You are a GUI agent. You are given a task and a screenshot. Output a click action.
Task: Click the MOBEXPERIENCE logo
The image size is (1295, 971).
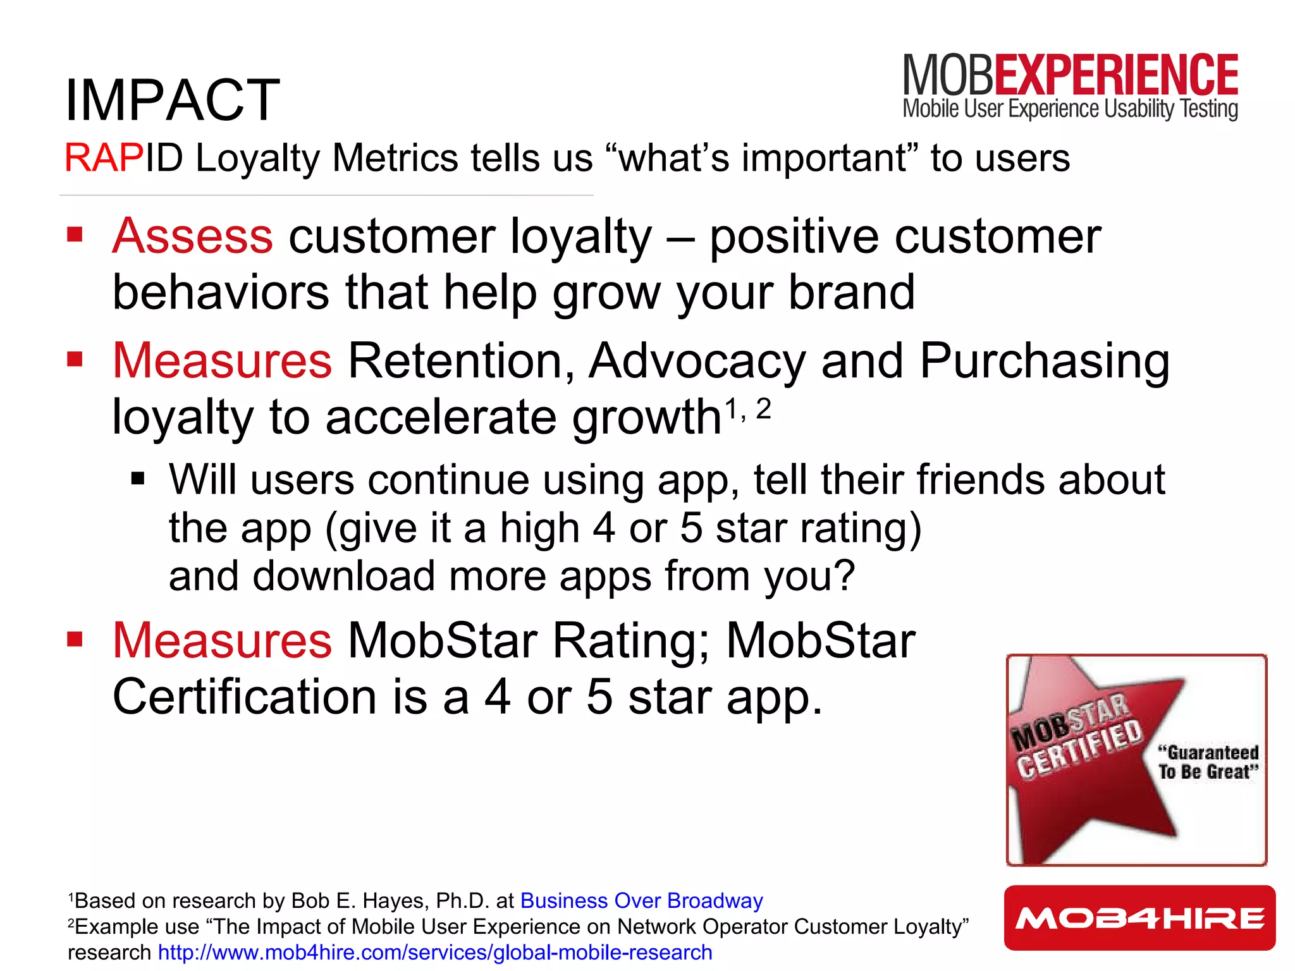pos(1070,85)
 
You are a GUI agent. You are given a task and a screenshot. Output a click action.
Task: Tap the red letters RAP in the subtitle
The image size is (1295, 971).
pos(104,157)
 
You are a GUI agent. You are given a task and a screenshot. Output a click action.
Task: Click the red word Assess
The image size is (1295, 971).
pos(192,236)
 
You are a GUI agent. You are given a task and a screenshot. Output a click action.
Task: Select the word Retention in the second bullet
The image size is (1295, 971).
pos(460,361)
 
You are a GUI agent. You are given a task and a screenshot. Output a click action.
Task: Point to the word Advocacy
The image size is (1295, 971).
pos(697,361)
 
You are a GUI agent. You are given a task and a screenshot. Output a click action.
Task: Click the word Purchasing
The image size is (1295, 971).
pos(1043,361)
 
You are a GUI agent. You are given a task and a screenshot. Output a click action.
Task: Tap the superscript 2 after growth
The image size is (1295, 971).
pos(763,410)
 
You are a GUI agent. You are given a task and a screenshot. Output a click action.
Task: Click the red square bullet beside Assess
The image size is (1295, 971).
pos(75,235)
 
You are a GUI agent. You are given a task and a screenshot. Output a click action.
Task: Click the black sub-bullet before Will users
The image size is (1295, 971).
pos(138,479)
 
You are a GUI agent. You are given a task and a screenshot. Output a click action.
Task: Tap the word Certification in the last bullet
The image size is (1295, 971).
pos(245,697)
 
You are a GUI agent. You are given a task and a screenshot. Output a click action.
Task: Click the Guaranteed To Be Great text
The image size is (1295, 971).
pos(1208,762)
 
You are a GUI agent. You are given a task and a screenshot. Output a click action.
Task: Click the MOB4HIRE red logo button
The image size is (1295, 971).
pos(1139,918)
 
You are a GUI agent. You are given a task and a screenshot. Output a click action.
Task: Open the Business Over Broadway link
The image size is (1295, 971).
pos(641,900)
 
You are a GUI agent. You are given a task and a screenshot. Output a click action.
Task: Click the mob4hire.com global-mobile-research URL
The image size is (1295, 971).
pos(435,952)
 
